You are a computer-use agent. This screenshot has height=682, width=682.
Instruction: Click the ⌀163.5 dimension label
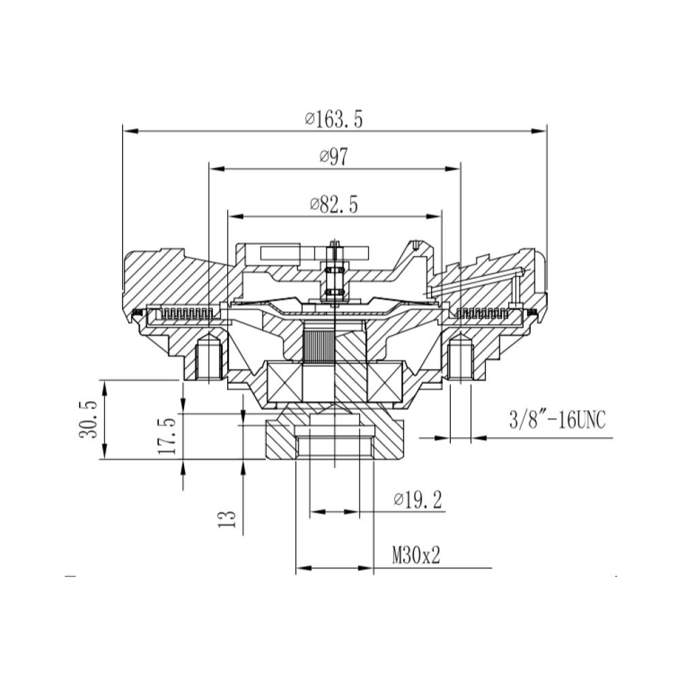tap(333, 119)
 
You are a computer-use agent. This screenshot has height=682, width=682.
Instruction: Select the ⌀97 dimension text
tap(333, 157)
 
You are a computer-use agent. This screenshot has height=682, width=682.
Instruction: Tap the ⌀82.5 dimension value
tap(333, 205)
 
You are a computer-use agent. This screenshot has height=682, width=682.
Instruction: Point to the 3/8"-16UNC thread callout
tap(557, 420)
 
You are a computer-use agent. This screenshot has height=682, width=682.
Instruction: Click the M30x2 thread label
tap(416, 555)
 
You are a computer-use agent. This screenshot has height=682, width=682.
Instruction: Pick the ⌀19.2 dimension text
tap(417, 500)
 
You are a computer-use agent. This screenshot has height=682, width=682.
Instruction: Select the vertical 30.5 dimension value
tap(88, 419)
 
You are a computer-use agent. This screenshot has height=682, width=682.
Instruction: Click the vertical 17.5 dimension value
tap(168, 436)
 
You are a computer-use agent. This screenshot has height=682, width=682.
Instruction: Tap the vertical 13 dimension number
tap(227, 518)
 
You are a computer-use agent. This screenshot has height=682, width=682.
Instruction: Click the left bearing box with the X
tap(284, 382)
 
